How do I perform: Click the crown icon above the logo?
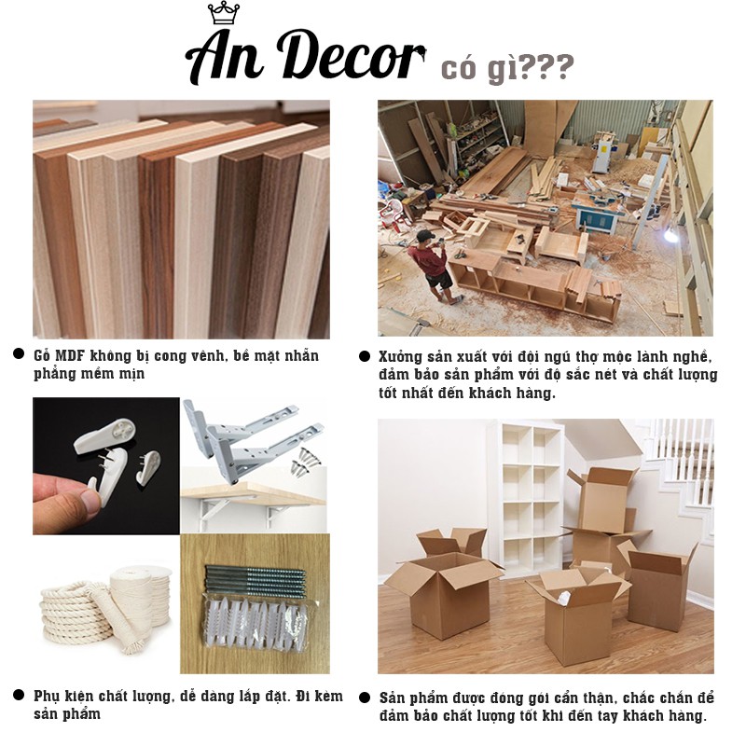(x=224, y=13)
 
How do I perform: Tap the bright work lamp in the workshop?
(x=670, y=234)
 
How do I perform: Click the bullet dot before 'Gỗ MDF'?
(x=19, y=354)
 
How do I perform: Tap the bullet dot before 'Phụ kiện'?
(x=19, y=695)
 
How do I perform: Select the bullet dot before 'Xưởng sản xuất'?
(x=365, y=356)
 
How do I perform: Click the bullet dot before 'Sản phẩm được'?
(x=365, y=698)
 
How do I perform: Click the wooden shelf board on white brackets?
(x=252, y=492)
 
